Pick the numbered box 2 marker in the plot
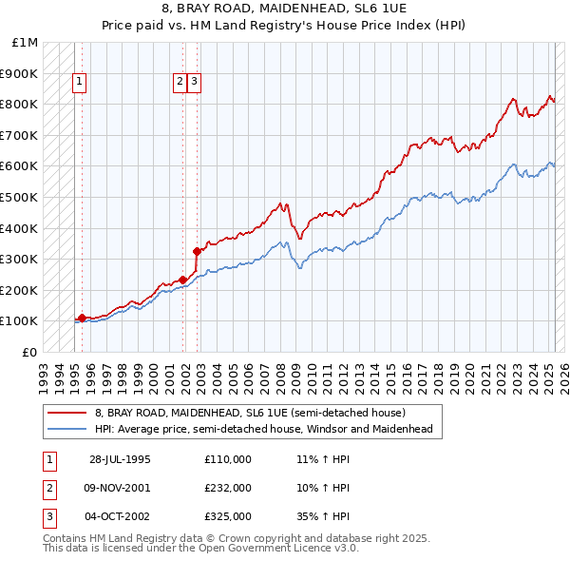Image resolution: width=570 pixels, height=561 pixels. (x=180, y=82)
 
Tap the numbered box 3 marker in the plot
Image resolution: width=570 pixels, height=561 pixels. (x=193, y=82)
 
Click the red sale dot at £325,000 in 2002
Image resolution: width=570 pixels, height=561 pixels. (x=197, y=252)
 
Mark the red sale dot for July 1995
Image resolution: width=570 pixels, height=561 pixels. (x=82, y=318)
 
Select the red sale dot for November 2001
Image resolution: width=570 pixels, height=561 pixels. (x=182, y=280)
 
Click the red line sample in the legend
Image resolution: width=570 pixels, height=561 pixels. (x=67, y=413)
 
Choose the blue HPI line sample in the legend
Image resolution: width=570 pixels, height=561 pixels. (x=67, y=429)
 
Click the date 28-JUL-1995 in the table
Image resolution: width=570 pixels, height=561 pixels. (x=120, y=459)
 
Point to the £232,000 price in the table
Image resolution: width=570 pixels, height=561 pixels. (x=227, y=488)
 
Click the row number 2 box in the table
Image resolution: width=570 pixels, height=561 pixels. (x=47, y=488)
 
